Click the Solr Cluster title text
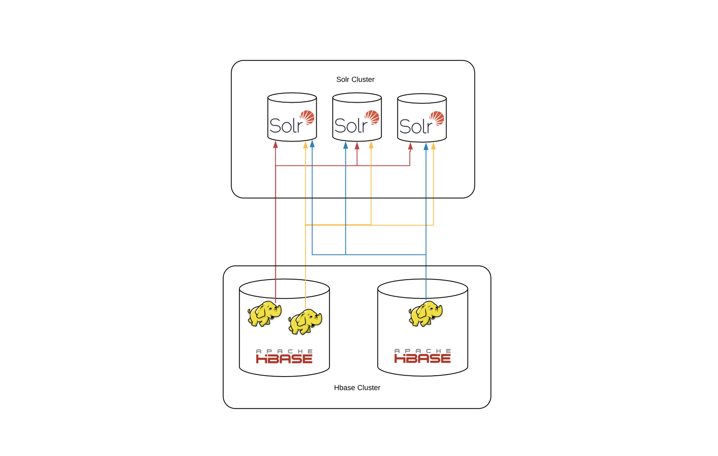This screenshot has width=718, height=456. coord(355,79)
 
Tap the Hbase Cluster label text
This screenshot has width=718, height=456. coord(357,387)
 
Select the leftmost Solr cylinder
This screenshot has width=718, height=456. coord(292,118)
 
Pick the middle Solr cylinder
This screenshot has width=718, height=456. coord(357,118)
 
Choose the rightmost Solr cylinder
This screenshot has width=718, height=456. coord(422,118)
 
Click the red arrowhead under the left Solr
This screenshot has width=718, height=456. coord(275,145)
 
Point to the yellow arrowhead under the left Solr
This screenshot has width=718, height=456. coord(305,145)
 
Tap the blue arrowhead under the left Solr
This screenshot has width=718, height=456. coord(312,144)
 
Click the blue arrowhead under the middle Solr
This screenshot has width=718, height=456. coord(346,146)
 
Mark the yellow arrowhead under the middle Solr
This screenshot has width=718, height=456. coord(371,145)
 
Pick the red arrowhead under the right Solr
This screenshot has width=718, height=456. coord(410,146)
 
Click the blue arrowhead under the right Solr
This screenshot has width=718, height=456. coord(426,147)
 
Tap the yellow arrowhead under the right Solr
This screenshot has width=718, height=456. coord(434,146)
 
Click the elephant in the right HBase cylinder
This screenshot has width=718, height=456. coord(425,314)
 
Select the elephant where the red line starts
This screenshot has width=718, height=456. coord(264,314)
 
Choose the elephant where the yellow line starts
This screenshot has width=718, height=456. coord(305,322)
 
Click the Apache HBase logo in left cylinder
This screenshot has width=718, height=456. coord(284,356)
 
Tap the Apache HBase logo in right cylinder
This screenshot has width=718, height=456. coord(422,356)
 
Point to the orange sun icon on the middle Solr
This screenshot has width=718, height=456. coord(372,118)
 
